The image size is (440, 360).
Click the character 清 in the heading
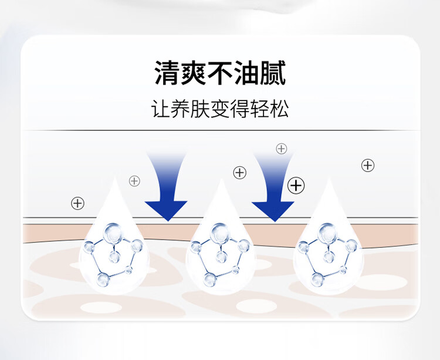pyautogui.click(x=167, y=74)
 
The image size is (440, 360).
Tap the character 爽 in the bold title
pyautogui.click(x=194, y=74)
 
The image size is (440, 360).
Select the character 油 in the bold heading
pyautogui.click(x=246, y=74)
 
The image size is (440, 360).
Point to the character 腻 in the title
pyautogui.click(x=273, y=74)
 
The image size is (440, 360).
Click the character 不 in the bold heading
pyautogui.click(x=220, y=74)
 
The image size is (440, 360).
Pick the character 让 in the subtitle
pyautogui.click(x=161, y=110)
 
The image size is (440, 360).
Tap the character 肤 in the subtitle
pyautogui.click(x=201, y=110)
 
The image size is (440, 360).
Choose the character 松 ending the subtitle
pyautogui.click(x=280, y=110)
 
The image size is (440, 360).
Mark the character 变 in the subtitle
pyautogui.click(x=220, y=110)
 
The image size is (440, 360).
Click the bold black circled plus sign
pyautogui.click(x=297, y=186)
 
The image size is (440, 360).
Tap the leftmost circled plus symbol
pyautogui.click(x=77, y=203)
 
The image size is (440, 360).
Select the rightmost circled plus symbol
pyautogui.click(x=368, y=165)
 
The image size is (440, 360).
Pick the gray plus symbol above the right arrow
pyautogui.click(x=281, y=149)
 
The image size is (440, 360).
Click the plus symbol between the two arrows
pyautogui.click(x=239, y=173)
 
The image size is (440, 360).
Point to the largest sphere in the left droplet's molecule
pyautogui.click(x=111, y=233)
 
